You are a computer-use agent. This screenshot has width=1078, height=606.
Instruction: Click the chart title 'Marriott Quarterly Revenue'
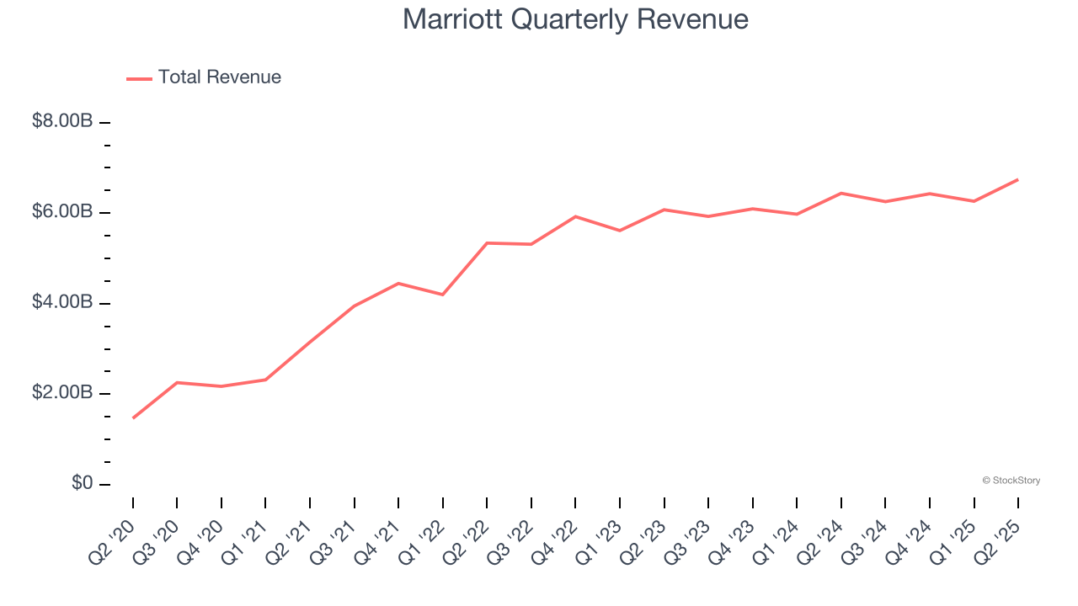coord(575,19)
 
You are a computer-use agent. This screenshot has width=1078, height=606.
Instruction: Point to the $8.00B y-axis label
coord(62,121)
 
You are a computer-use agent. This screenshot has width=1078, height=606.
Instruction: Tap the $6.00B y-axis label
coord(62,212)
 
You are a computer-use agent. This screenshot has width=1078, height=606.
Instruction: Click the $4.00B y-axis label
coord(62,302)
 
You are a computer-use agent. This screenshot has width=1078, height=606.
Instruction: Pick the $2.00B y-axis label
coord(62,393)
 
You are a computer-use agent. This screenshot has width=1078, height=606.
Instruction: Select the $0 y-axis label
coord(82,484)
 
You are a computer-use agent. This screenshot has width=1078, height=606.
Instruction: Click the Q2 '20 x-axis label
coord(112,541)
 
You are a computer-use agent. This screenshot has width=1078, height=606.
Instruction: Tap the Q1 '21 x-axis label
coord(245,541)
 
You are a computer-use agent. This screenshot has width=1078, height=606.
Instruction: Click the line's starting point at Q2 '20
coord(133,417)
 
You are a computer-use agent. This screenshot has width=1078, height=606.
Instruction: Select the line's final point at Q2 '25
coord(1018,179)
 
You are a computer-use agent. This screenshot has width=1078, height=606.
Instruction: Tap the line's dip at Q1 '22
coord(443,295)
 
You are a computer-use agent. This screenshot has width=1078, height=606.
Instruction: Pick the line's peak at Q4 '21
coord(398,283)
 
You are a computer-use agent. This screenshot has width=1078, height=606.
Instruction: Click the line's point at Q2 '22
coord(487,242)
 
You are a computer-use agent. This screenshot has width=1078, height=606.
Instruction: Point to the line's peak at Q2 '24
coord(841,193)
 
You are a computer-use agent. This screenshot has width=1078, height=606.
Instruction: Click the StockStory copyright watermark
coord(1011,481)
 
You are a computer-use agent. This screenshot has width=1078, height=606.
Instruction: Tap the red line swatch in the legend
coord(139,78)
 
